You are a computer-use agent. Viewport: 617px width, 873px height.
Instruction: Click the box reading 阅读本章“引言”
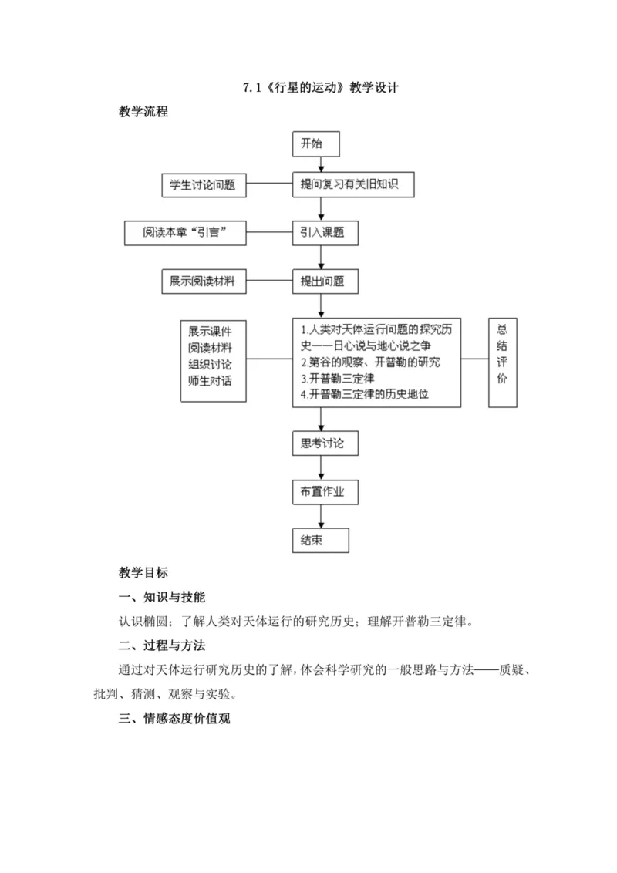coord(185,232)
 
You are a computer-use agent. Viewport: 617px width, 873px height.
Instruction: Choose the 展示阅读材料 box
coord(203,282)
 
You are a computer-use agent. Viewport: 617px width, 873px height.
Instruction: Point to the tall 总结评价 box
coord(503,362)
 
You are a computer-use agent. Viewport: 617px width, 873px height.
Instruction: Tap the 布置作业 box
coord(325,491)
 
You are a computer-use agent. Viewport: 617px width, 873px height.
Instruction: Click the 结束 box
coord(320,540)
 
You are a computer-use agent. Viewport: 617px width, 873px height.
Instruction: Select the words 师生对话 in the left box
coord(210,379)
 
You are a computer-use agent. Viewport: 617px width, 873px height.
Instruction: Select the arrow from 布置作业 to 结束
coord(320,516)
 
